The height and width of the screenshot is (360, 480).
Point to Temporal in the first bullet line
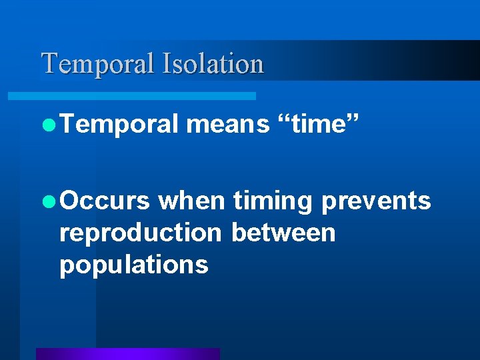[x=119, y=124]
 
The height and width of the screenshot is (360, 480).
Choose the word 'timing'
[x=273, y=201]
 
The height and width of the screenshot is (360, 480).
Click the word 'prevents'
[x=376, y=201]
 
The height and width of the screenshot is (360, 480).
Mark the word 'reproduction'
[x=139, y=233]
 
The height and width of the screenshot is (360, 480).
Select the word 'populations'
[x=133, y=265]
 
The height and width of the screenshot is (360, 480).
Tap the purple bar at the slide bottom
[x=127, y=354]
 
